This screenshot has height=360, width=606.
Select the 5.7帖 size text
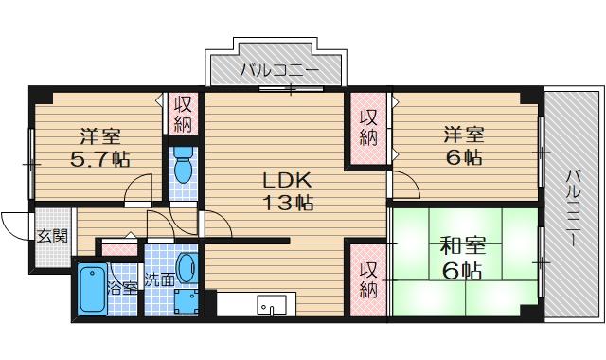[x=99, y=158]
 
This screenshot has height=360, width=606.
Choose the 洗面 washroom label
[x=158, y=279]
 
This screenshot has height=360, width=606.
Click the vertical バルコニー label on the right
[x=574, y=208]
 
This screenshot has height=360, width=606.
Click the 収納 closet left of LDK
[x=183, y=115]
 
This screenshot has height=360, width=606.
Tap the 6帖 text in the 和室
[x=461, y=272]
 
